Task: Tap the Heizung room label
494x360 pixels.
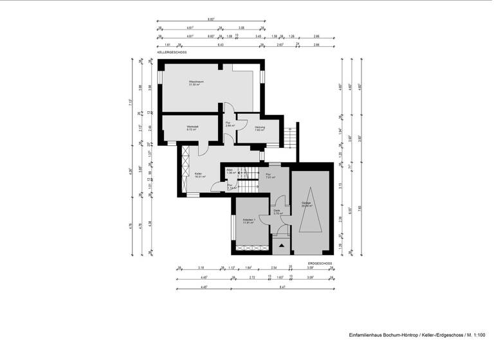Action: tap(260, 128)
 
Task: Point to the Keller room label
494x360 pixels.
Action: tap(199, 174)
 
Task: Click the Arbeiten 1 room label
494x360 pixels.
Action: tap(249, 222)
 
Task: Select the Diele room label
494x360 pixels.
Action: tap(277, 212)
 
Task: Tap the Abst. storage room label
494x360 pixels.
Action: tap(230, 172)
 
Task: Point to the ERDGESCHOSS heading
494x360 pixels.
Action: tap(319, 264)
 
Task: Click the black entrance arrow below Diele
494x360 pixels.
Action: tap(281, 244)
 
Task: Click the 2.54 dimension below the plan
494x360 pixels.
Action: tap(273, 267)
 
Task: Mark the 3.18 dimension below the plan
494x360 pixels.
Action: tap(201, 267)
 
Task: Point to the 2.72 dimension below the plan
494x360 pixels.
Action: tap(252, 277)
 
